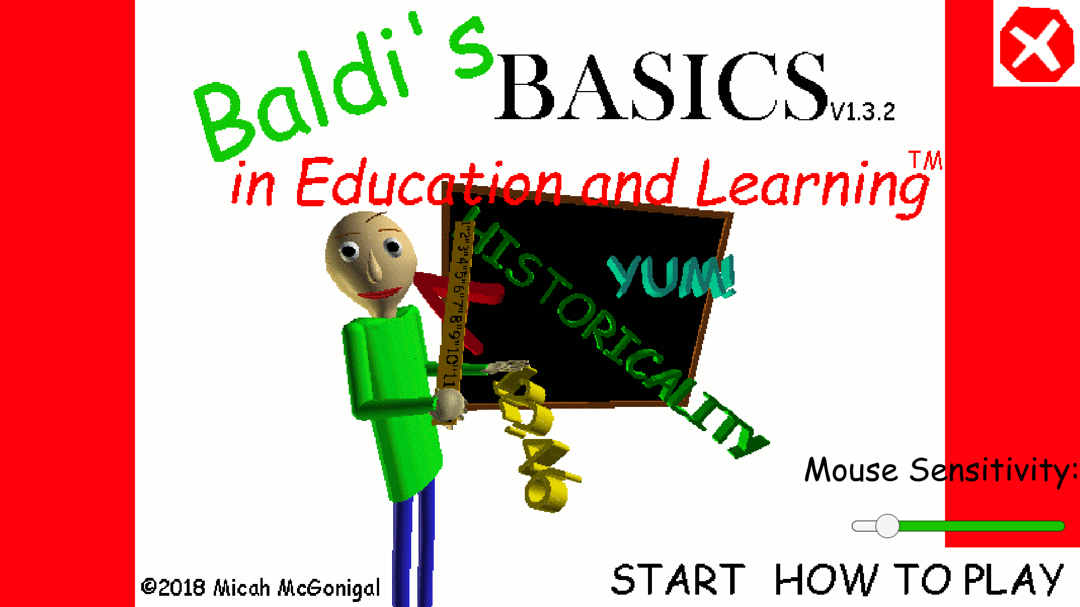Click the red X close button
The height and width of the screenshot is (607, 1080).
[x=1036, y=44]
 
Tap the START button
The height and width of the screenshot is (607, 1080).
[x=678, y=579]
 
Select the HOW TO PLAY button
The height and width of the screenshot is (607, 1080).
[x=919, y=579]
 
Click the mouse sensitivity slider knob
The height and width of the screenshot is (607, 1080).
[x=887, y=526]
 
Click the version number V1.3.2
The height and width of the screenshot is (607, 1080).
[x=862, y=112]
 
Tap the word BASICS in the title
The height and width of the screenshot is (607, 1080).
[x=661, y=87]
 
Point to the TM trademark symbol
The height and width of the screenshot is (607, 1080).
[x=925, y=161]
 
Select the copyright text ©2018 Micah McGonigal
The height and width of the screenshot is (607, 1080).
[x=260, y=587]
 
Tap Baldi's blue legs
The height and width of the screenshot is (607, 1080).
[x=413, y=551]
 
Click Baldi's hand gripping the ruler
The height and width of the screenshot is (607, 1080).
[x=450, y=405]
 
